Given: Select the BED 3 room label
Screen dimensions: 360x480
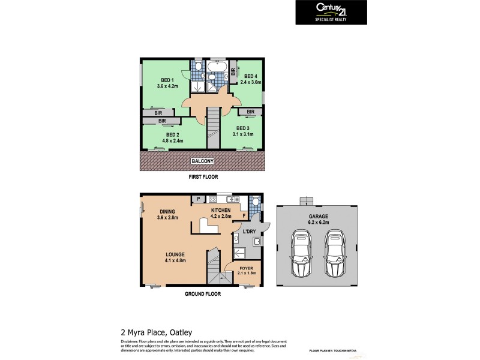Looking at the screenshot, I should pos(243,128).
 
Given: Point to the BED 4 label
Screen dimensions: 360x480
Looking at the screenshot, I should pos(251,76).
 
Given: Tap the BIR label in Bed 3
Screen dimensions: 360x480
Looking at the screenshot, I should pos(250,112).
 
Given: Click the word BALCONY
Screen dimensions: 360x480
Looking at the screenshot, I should pos(202,161).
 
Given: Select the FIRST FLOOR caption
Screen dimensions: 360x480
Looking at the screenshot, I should pos(202,178).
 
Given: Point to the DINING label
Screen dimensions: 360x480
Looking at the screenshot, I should pos(167,211).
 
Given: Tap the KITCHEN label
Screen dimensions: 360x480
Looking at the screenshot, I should pos(220,210).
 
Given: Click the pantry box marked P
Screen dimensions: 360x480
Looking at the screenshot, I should pos(197,199).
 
